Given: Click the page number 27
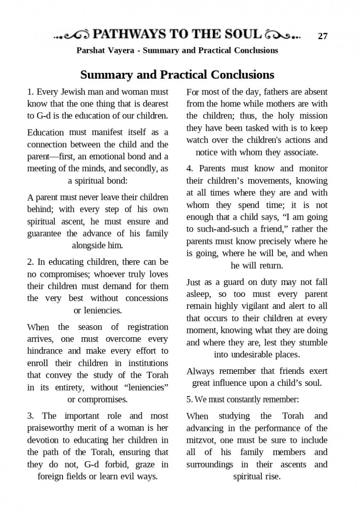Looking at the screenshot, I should pyautogui.click(x=323, y=36).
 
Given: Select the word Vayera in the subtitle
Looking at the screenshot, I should pyautogui.click(x=121, y=50).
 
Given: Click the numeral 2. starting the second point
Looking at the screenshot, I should pyautogui.click(x=31, y=261).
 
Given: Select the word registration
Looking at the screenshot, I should pyautogui.click(x=146, y=327).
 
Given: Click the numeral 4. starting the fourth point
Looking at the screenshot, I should pyautogui.click(x=190, y=168).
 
